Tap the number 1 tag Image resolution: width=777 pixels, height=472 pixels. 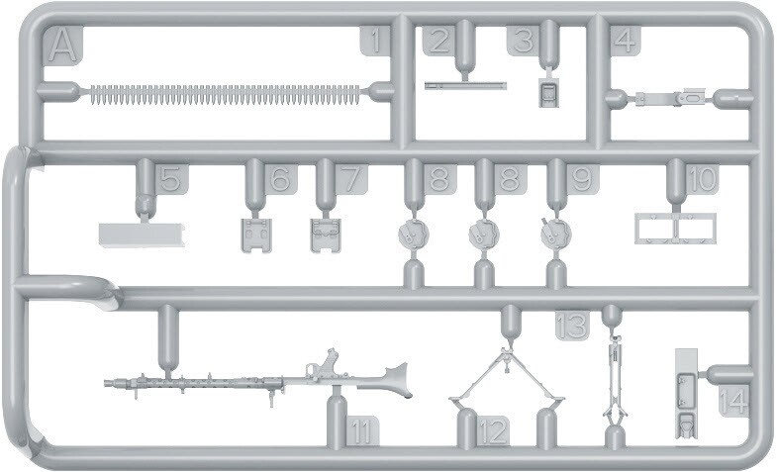tap(374, 41)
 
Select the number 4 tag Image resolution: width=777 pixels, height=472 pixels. tap(626, 41)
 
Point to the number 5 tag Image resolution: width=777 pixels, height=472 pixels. tap(171, 179)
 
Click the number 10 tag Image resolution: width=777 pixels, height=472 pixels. tap(703, 179)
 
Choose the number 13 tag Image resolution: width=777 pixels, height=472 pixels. tap(572, 326)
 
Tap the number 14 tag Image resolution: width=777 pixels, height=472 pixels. tap(733, 401)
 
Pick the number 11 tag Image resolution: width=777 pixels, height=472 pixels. tap(361, 430)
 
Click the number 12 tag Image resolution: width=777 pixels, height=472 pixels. tap(493, 430)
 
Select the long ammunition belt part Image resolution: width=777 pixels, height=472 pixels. tap(226, 94)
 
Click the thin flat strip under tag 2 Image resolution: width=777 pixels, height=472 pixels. tap(465, 86)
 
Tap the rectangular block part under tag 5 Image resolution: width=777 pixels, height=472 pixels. tap(144, 235)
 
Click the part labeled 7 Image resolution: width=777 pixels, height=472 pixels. tap(326, 236)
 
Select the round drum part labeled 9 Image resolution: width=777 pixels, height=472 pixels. tap(556, 234)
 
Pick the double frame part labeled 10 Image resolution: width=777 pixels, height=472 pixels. tap(676, 229)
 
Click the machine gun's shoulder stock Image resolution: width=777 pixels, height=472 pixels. tap(393, 380)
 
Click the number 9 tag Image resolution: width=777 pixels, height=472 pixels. tap(582, 179)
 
